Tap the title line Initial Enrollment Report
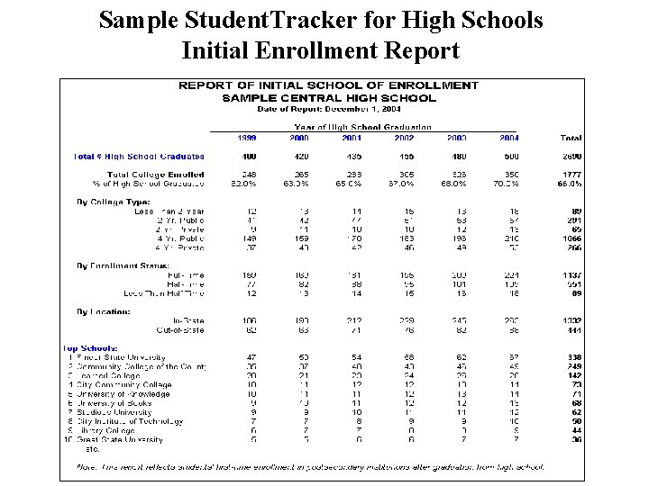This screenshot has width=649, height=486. [320, 50]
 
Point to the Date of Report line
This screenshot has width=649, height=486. [328, 108]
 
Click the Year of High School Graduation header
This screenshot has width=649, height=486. [363, 127]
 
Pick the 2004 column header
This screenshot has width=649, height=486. [509, 138]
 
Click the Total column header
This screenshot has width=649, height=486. [571, 138]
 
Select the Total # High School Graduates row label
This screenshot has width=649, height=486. [139, 156]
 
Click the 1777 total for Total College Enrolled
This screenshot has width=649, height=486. [571, 174]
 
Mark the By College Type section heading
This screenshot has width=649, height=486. [114, 202]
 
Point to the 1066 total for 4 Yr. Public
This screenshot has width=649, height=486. [571, 238]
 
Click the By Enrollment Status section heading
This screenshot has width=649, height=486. [122, 265]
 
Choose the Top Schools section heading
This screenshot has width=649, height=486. [89, 348]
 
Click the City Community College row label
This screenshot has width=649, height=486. [121, 385]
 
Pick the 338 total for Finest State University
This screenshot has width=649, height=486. [572, 357]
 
